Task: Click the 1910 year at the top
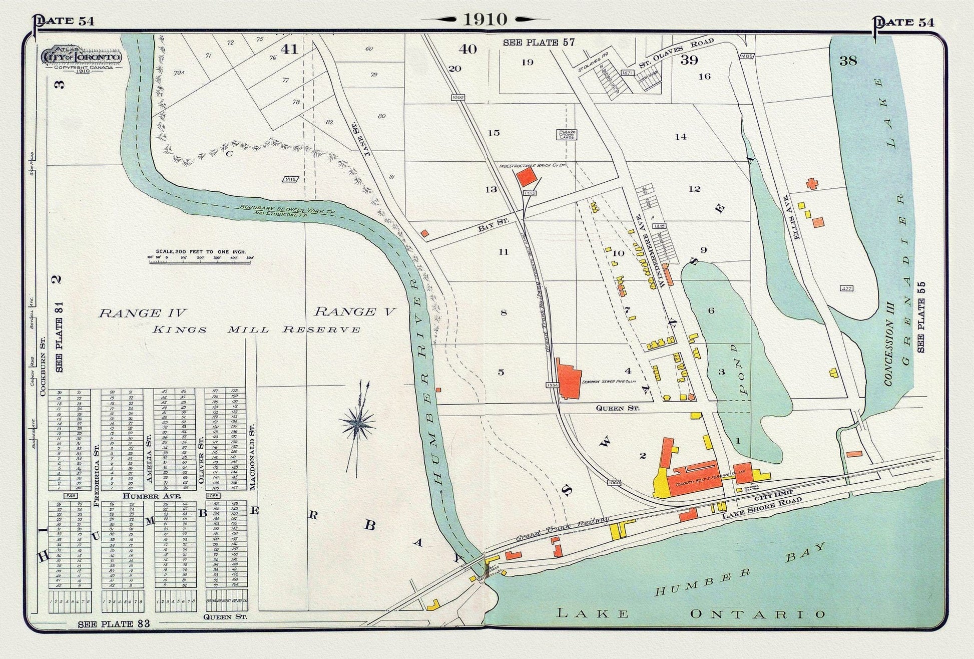pos(485,20)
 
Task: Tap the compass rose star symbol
pos(357,425)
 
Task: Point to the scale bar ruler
pos(201,258)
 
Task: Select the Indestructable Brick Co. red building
pos(527,177)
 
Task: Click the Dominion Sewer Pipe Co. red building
pos(569,382)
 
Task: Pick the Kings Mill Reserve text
pos(256,329)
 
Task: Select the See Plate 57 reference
pos(539,43)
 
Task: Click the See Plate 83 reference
pos(114,624)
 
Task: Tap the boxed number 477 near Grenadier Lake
pos(846,288)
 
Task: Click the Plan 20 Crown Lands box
pos(566,134)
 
